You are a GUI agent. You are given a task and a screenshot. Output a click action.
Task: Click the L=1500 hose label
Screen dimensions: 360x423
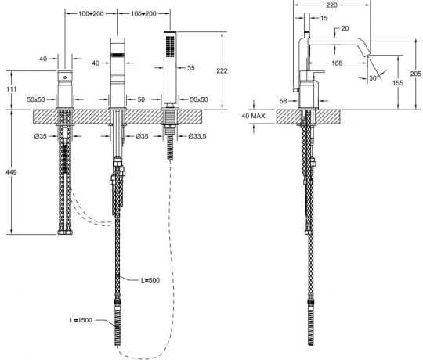point(83,319)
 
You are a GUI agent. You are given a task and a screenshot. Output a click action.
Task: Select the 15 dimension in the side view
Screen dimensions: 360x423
point(324,17)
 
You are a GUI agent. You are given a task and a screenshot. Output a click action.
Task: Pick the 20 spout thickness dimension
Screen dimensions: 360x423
point(345,29)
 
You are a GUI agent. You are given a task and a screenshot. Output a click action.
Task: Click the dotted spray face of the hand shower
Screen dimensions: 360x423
point(168,47)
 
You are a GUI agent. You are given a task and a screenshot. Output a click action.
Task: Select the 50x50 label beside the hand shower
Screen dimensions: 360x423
point(199,100)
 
